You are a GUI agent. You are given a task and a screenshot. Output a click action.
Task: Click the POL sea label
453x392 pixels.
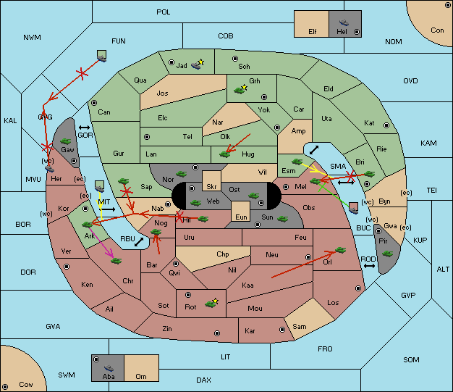(164, 12)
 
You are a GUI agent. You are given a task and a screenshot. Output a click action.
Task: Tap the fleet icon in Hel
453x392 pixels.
(344, 22)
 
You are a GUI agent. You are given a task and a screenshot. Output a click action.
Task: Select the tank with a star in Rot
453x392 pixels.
(211, 303)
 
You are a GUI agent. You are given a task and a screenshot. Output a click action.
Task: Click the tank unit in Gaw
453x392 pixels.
(66, 141)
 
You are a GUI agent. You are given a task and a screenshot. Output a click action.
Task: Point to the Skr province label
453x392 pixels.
(211, 187)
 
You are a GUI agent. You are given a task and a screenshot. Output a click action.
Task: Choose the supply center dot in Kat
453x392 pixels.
(386, 125)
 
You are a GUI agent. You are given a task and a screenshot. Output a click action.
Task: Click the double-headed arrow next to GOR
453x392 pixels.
(84, 128)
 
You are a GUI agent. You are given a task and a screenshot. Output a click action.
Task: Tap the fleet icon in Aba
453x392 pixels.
(109, 368)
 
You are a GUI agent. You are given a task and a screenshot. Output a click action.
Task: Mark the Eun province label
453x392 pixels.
(241, 217)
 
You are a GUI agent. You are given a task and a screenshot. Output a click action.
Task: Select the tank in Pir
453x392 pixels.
(387, 254)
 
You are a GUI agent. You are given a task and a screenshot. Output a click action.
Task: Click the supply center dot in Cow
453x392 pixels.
(5, 386)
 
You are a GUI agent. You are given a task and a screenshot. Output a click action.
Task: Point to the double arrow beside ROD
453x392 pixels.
(369, 266)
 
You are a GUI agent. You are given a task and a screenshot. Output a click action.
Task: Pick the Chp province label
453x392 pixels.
(223, 254)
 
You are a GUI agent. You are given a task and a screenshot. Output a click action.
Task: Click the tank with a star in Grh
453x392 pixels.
(240, 89)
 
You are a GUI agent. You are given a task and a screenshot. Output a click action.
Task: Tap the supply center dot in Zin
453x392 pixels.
(217, 333)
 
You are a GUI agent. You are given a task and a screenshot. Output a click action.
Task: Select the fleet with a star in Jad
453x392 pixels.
(198, 64)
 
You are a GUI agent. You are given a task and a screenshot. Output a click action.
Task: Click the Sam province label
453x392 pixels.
(300, 327)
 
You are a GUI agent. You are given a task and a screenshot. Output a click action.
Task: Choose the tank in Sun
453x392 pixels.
(282, 219)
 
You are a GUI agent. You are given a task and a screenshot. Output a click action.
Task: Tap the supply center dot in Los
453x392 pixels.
(358, 288)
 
